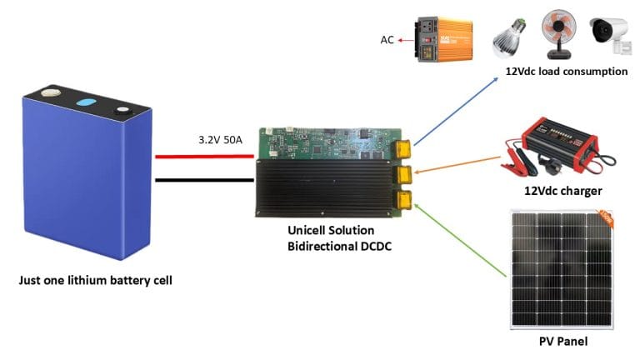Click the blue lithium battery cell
point(83,179)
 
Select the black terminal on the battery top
point(124,109)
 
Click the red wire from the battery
point(204,156)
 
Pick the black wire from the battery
point(204,179)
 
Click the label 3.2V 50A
point(220,140)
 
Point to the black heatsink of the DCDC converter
point(325,188)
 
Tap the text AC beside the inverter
point(387,39)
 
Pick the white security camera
point(609,32)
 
